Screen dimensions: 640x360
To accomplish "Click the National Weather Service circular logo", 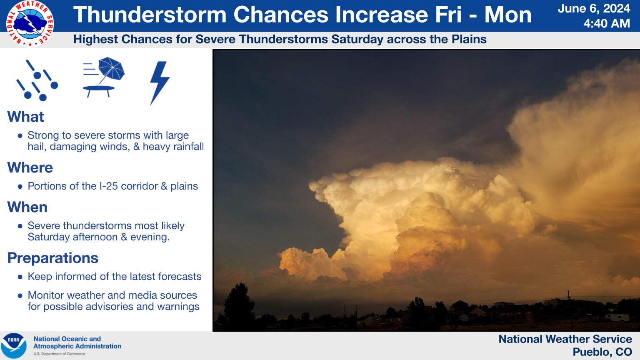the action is tap(30, 24).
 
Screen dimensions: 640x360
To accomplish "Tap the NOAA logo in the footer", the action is tap(14, 346).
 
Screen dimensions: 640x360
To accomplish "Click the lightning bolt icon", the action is tap(160, 83).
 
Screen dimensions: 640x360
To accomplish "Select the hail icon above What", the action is tap(37, 80).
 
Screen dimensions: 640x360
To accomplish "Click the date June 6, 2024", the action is tap(594, 9).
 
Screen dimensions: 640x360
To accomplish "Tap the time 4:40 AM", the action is tap(607, 23).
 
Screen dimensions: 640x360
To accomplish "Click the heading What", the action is tap(26, 117).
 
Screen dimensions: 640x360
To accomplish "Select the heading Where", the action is tap(30, 167).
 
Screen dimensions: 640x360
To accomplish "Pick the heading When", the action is tap(27, 207).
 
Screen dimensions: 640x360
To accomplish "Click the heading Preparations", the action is tap(53, 258).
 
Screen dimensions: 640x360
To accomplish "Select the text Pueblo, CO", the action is tap(602, 352).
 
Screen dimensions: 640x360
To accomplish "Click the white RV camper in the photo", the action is tap(617, 317).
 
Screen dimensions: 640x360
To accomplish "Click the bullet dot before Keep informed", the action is tap(20, 277).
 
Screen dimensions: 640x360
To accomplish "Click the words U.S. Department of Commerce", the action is tap(59, 354).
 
